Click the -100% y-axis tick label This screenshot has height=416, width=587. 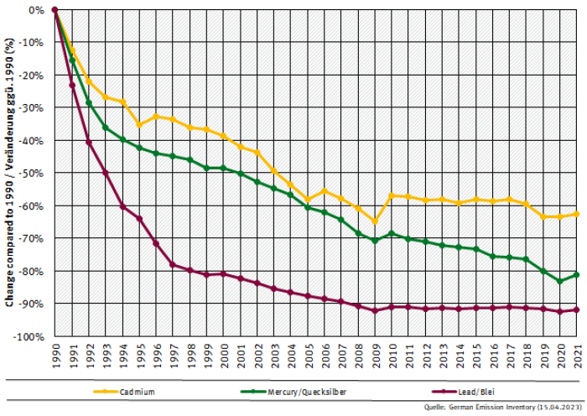point(32,336)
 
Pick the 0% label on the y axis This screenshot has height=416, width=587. point(38,10)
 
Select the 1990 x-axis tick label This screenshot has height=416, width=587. point(55,356)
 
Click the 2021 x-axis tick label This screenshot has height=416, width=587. point(577,356)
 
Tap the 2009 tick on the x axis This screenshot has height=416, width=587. point(375,356)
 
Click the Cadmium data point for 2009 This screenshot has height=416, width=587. point(375,221)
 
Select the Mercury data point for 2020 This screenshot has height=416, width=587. point(560,281)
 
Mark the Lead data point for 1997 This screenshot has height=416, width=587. point(173,264)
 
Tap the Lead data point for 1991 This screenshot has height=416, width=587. point(72,85)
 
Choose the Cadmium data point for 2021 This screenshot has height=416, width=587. point(577,214)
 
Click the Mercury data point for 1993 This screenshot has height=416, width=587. point(106,127)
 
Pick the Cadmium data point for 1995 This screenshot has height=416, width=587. point(139,125)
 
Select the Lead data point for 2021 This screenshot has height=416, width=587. point(577,309)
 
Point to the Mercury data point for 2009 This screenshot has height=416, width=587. point(375,241)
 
